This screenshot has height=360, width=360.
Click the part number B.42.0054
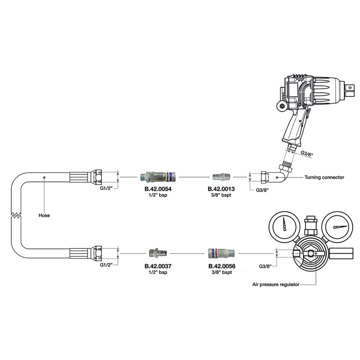pyautogui.click(x=158, y=189)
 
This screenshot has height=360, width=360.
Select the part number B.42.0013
pyautogui.click(x=221, y=189)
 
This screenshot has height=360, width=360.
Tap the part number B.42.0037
pyautogui.click(x=158, y=266)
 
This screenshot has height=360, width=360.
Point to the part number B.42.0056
pyautogui.click(x=222, y=266)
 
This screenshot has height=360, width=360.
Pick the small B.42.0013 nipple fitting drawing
pyautogui.click(x=221, y=177)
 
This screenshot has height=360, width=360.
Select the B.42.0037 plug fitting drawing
pyautogui.click(x=158, y=253)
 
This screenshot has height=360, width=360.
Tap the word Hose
pyautogui.click(x=44, y=215)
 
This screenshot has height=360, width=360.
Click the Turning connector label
pyautogui.click(x=324, y=177)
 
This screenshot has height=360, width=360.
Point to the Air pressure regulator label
pyautogui.click(x=276, y=285)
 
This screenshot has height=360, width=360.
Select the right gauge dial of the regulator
pyautogui.click(x=337, y=227)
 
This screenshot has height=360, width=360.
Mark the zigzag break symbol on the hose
pyautogui.click(x=16, y=215)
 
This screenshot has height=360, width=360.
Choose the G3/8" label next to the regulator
pyautogui.click(x=265, y=266)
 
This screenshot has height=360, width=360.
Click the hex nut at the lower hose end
pyautogui.click(x=97, y=253)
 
